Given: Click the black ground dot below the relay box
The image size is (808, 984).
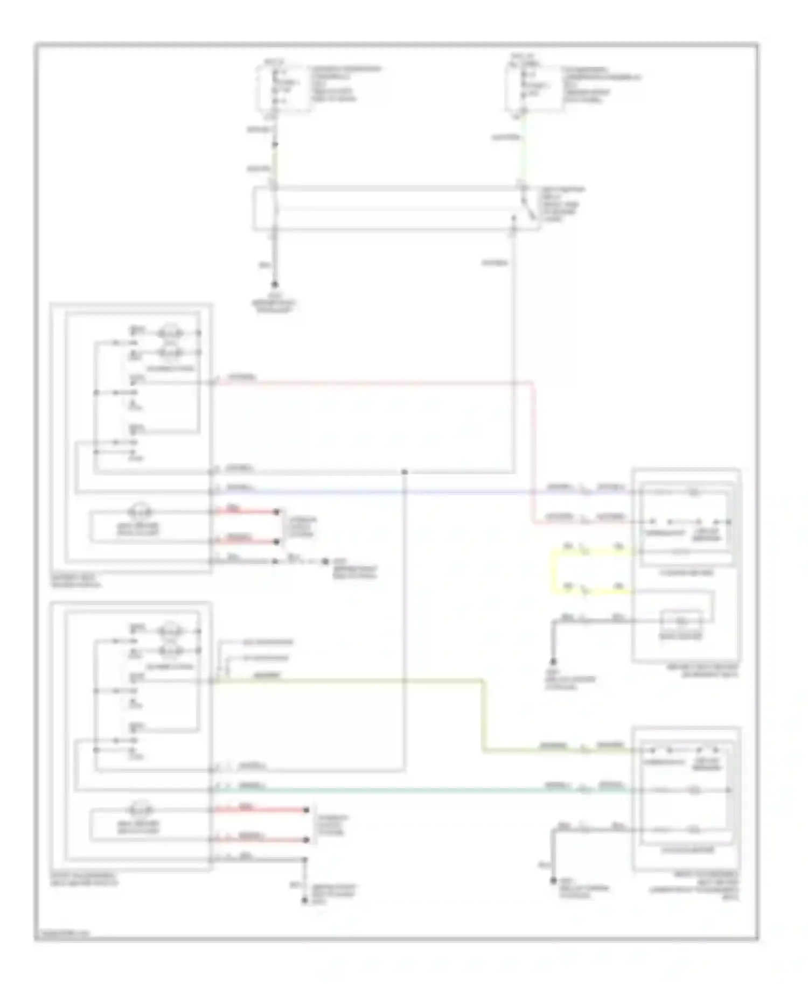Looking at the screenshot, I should point(275,284).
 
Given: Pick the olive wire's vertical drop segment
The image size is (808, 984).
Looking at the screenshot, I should point(483,716).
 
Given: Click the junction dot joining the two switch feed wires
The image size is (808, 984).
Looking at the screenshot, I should point(405,472).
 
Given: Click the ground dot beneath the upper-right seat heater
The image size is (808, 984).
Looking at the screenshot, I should point(553,662).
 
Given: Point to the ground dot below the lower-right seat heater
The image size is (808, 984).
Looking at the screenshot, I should point(553,881).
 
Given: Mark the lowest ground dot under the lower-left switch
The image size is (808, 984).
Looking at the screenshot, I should point(305,900).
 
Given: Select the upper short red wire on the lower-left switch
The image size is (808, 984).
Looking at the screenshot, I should point(259,810).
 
